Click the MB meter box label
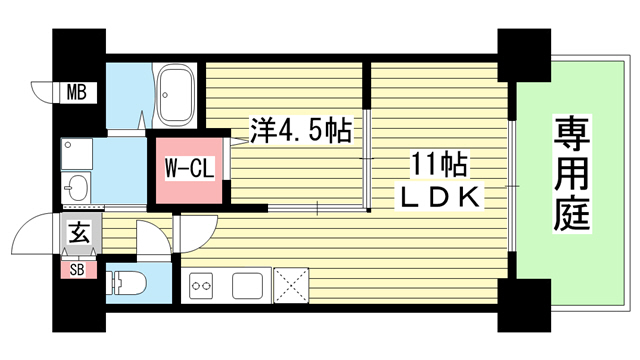click(77, 92)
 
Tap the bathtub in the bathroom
click(176, 96)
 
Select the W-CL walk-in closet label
click(189, 168)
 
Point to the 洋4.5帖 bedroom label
click(301, 131)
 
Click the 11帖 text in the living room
click(439, 164)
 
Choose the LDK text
click(439, 197)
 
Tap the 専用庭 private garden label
click(571, 173)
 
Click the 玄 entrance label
click(79, 233)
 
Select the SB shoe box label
click(77, 270)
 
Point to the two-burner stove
click(201, 286)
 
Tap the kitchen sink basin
click(247, 286)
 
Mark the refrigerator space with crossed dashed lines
click(291, 286)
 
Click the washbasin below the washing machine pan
click(76, 188)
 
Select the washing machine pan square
click(77, 154)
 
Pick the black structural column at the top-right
click(524, 55)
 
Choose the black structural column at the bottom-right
click(524, 305)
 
